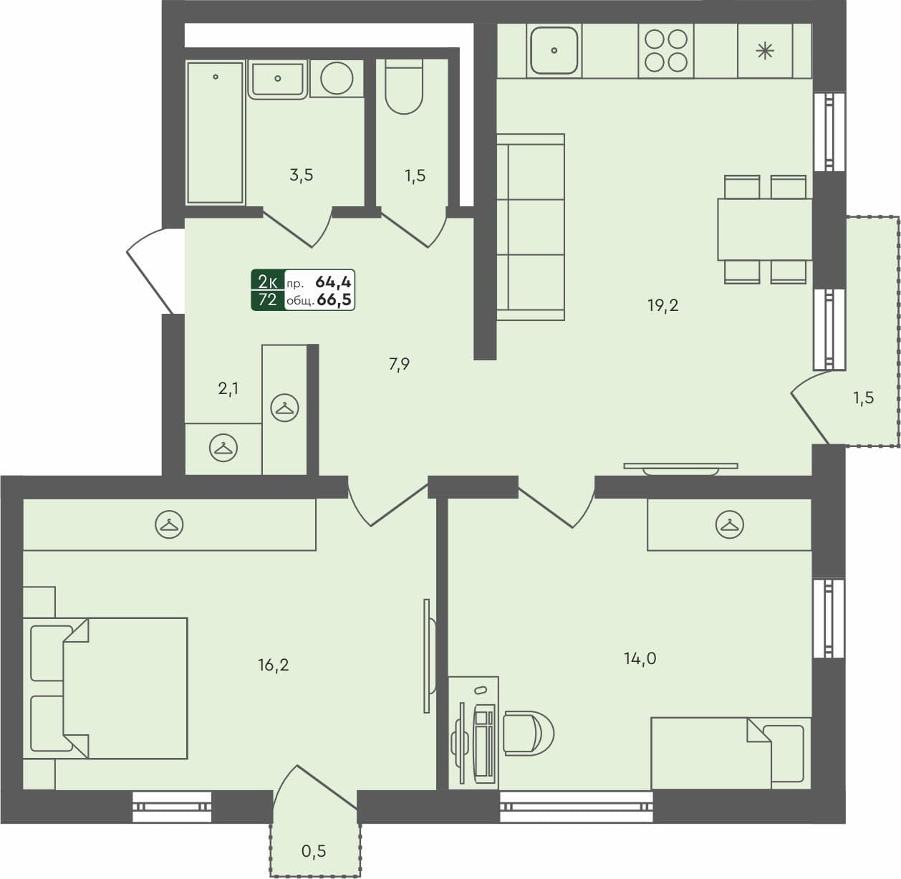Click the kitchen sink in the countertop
pos(554,50)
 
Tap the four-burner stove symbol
pos(666,50)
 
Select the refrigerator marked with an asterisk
pos(766,50)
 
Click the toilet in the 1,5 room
pos(404,87)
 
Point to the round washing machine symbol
pos(337,77)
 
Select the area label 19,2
pos(662,306)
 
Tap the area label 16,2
pos(274,666)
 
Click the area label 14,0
pos(640,658)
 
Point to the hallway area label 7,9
pos(399,365)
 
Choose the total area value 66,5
pos(334,300)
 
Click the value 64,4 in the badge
pos(333,282)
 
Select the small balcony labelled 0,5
pos(314,851)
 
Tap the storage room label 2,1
pos(228,389)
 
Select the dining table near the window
pos(764,229)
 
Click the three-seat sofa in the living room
pos(530,226)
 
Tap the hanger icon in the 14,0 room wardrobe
pos(729,525)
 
